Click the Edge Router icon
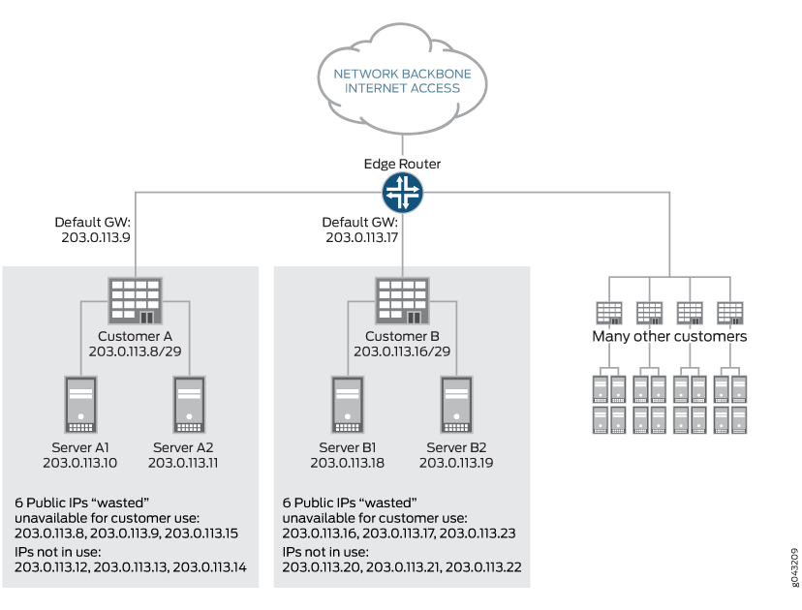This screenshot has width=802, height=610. click(x=402, y=193)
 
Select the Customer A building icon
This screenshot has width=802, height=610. click(x=135, y=299)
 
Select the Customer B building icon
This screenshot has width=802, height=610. click(x=402, y=299)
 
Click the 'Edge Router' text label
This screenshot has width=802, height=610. click(x=402, y=164)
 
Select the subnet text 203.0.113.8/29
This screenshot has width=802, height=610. click(x=135, y=351)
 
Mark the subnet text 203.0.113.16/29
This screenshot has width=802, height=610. click(x=402, y=351)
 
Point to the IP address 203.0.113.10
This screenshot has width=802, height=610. click(x=81, y=463)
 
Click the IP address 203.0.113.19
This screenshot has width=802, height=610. click(x=455, y=463)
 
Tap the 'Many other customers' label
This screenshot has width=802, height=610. click(x=669, y=337)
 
